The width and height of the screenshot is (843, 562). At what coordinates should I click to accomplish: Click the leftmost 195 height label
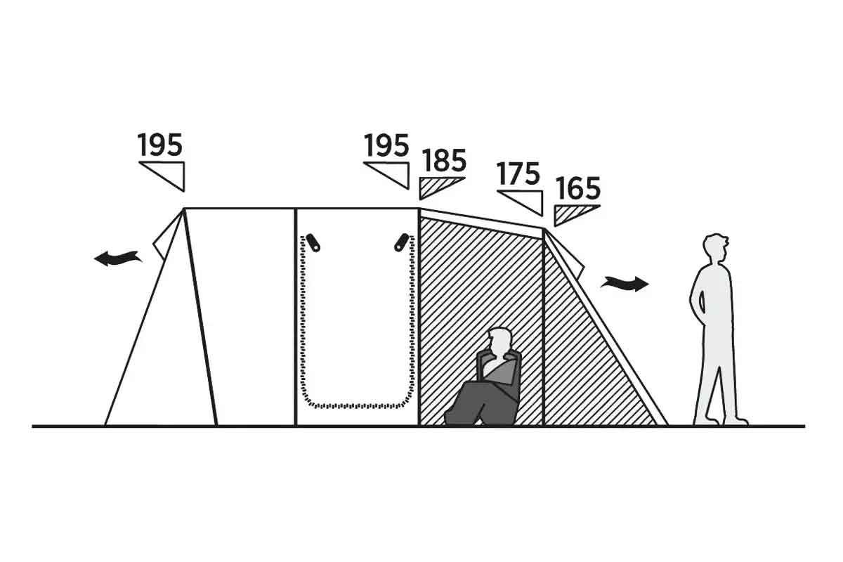pos(160,145)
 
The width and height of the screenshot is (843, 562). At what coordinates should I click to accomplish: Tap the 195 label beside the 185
pos(386,145)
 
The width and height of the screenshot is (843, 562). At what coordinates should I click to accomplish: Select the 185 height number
pos(444,160)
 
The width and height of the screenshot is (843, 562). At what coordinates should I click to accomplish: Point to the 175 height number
pos(518,174)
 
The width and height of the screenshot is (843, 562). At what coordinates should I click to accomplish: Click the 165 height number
pos(578,188)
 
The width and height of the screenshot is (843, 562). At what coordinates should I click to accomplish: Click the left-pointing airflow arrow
pos(117,259)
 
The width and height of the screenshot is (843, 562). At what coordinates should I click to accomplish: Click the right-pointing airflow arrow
pos(625,283)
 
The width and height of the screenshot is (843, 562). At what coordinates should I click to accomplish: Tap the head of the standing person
pos(715,249)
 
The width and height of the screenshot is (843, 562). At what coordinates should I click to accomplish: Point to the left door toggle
pos(313,242)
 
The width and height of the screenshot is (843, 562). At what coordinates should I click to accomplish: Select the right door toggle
pos(402,242)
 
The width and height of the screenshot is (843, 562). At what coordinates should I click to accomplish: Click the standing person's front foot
pos(736,421)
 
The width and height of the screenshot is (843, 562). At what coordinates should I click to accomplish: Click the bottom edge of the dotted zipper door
pos(357,406)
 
